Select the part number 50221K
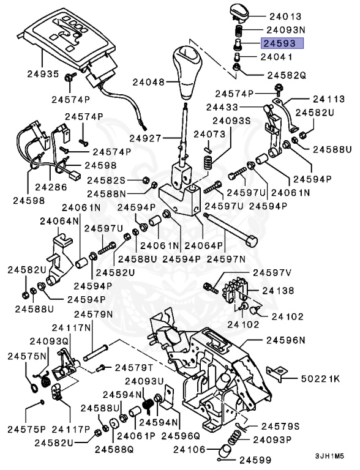pos(320,378)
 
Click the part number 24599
pos(259,460)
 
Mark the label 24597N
pos(227,259)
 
